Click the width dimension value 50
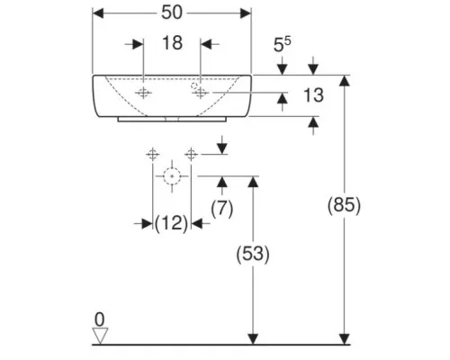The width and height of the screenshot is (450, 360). point(172,13)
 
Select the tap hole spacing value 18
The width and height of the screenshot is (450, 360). point(172,42)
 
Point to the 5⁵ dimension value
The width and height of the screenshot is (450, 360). point(282,44)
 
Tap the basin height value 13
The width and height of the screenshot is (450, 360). point(313,95)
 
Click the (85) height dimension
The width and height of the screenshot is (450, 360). point(344,206)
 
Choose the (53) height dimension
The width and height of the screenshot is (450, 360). point(253,255)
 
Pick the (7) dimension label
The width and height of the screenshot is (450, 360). point(222,209)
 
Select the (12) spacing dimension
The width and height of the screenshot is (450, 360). point(172,223)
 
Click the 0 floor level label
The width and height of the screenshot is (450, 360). point(99,319)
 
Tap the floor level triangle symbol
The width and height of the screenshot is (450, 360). point(100,336)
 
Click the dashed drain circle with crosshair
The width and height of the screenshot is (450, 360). point(172,176)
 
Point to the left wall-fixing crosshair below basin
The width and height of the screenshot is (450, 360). point(153,155)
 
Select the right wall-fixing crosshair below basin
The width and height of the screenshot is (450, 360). point(191,155)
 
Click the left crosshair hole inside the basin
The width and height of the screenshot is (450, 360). point(143,93)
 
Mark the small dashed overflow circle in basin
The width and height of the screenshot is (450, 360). point(194,85)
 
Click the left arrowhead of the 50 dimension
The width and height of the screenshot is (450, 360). point(98,13)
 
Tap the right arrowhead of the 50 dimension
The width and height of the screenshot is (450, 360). point(246,13)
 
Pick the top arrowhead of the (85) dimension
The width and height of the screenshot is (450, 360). point(345,80)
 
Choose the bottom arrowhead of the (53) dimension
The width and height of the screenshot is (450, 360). point(254,339)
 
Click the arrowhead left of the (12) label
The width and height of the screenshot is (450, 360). point(148,223)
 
